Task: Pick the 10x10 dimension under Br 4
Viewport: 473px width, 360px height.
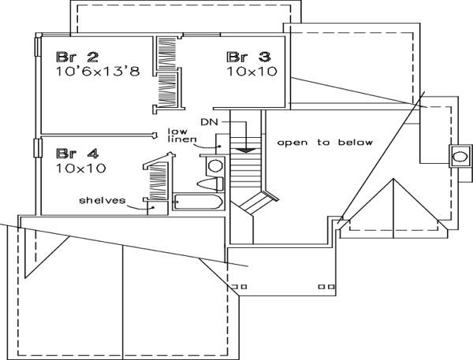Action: pyautogui.click(x=81, y=168)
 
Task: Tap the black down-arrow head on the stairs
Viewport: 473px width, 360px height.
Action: pyautogui.click(x=247, y=149)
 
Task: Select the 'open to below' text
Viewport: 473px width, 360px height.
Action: pyautogui.click(x=324, y=143)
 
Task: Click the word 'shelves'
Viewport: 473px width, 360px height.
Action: pyautogui.click(x=102, y=200)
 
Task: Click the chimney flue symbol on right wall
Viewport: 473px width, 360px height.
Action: pyautogui.click(x=457, y=155)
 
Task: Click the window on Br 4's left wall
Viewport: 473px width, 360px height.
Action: pyautogui.click(x=36, y=148)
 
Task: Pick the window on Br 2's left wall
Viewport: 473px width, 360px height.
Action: pyautogui.click(x=36, y=47)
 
